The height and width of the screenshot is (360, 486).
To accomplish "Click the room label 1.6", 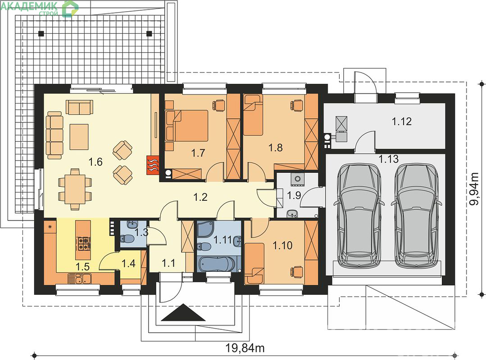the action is pyautogui.click(x=95, y=162).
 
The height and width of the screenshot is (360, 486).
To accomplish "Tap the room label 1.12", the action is pyautogui.click(x=402, y=121).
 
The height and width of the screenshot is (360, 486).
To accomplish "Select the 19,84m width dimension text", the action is pyautogui.click(x=245, y=348).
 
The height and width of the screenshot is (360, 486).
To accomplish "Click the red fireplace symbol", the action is pyautogui.click(x=153, y=164).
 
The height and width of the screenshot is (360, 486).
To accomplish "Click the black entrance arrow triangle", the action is pyautogui.click(x=183, y=312).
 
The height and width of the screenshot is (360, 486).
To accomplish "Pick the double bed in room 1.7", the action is pyautogui.click(x=186, y=126).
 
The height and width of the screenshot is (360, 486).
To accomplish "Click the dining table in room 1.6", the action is pyautogui.click(x=75, y=189).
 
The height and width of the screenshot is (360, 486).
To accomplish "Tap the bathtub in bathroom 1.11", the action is pyautogui.click(x=216, y=264).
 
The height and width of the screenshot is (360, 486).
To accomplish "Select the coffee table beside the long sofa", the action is pyautogui.click(x=79, y=136).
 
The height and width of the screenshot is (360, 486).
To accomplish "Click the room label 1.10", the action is pyautogui.click(x=282, y=245).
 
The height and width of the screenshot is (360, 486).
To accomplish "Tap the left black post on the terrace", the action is pyautogui.click(x=41, y=33).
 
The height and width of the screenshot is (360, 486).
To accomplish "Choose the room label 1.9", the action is pyautogui.click(x=294, y=196).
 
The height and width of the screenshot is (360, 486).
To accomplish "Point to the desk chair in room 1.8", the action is pyautogui.click(x=296, y=105).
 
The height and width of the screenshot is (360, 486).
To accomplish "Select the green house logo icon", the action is pyautogui.click(x=70, y=9).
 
